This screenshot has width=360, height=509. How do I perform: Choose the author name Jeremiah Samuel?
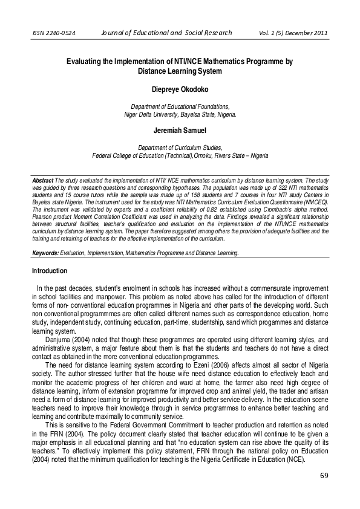(180, 129)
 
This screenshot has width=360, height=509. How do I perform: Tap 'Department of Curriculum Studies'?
(180, 147)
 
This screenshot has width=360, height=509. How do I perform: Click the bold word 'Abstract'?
(43, 181)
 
